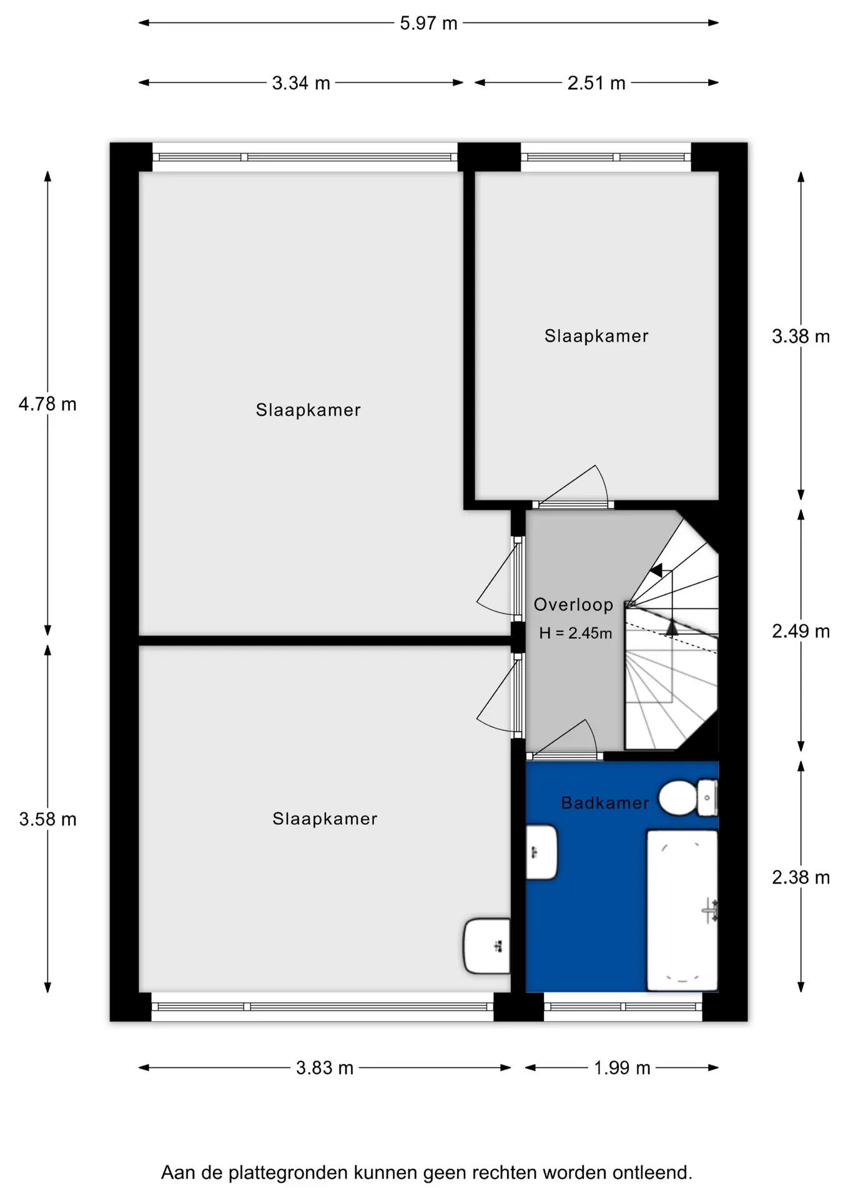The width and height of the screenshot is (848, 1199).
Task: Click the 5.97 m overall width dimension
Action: pyautogui.click(x=428, y=23)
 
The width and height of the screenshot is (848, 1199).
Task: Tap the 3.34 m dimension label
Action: pyautogui.click(x=301, y=83)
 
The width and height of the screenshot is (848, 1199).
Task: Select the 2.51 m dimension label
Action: pyautogui.click(x=596, y=83)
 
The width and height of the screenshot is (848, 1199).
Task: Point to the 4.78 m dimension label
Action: pyautogui.click(x=47, y=404)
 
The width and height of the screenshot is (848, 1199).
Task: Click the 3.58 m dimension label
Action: pyautogui.click(x=47, y=819)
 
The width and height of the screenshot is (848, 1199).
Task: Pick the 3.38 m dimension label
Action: pyautogui.click(x=801, y=337)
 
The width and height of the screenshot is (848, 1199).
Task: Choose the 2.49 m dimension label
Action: pyautogui.click(x=801, y=631)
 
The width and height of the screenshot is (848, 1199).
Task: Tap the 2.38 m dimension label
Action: pyautogui.click(x=801, y=877)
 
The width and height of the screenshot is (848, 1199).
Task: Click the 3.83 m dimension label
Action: pyautogui.click(x=325, y=1068)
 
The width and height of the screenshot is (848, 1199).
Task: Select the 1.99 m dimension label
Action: pyautogui.click(x=622, y=1068)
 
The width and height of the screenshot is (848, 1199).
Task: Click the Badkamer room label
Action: pyautogui.click(x=605, y=802)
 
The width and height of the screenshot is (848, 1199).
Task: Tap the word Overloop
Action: pyautogui.click(x=573, y=604)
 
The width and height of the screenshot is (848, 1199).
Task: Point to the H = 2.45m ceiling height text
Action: pyautogui.click(x=575, y=633)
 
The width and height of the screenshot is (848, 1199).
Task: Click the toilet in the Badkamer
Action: pyautogui.click(x=688, y=797)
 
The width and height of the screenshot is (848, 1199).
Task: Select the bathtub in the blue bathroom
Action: pyautogui.click(x=682, y=910)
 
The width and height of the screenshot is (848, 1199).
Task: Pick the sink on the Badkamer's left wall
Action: pyautogui.click(x=541, y=852)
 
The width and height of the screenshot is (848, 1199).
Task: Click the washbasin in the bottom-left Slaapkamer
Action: pyautogui.click(x=487, y=945)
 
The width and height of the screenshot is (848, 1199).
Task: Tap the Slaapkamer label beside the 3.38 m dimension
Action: pyautogui.click(x=596, y=336)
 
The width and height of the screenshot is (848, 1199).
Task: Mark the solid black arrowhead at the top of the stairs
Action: pyautogui.click(x=656, y=570)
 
